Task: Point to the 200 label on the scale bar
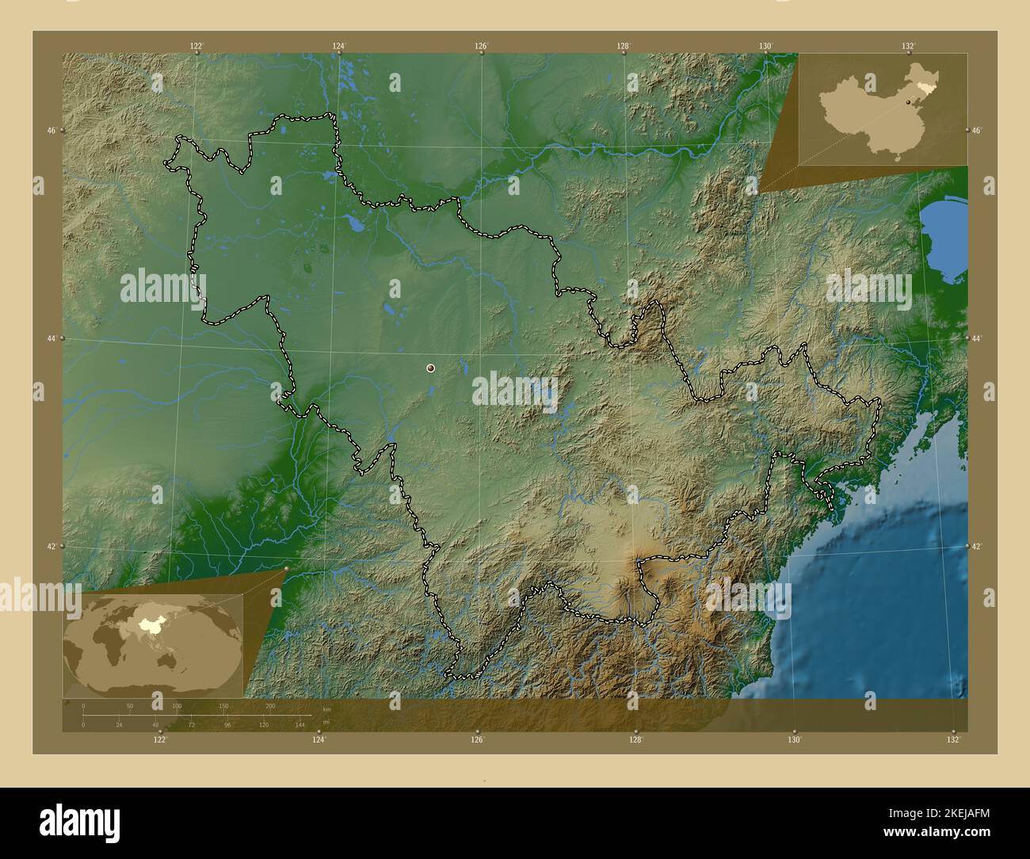click(x=270, y=706)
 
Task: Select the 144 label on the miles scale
click(x=300, y=725)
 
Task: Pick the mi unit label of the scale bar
click(x=326, y=722)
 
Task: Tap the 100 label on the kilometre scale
click(x=177, y=706)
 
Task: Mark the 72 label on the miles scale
click(x=191, y=725)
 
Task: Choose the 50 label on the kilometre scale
click(x=130, y=706)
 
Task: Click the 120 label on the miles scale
click(x=264, y=725)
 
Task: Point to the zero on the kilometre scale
click(x=83, y=706)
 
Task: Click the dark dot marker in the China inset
click(x=908, y=101)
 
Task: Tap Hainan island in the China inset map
click(x=897, y=158)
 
